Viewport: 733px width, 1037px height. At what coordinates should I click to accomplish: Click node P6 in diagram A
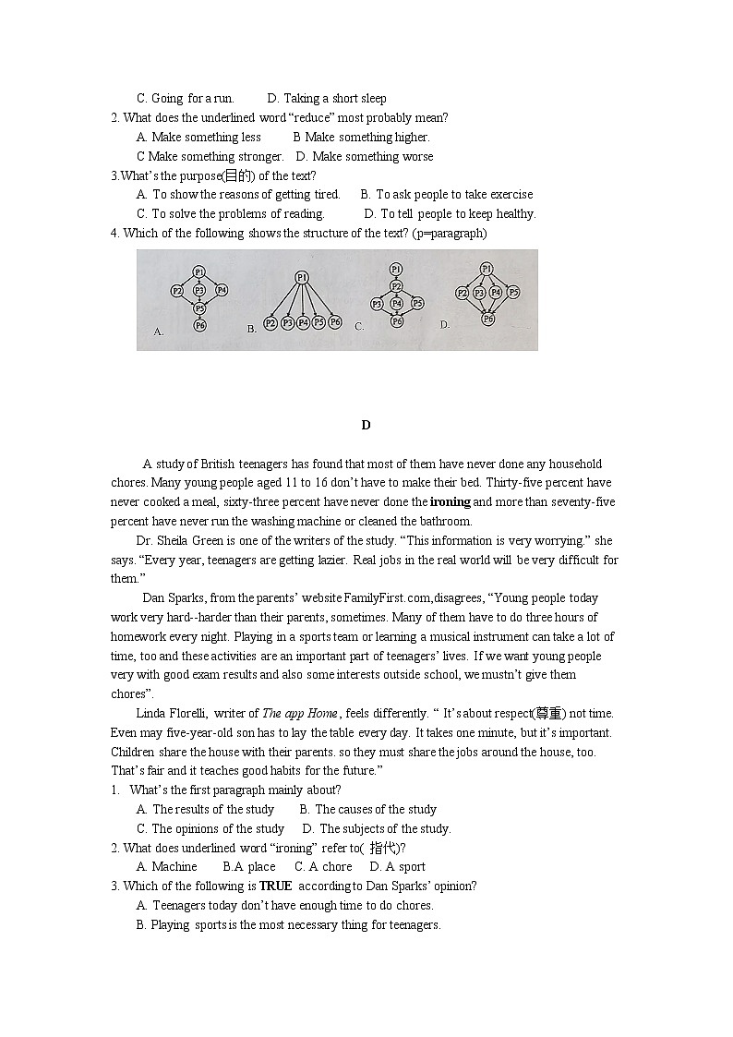[x=199, y=326]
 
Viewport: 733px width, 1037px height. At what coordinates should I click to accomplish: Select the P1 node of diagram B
[x=301, y=277]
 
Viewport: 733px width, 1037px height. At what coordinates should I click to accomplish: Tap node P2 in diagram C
[x=396, y=286]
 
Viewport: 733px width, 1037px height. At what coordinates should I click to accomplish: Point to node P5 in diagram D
[x=513, y=292]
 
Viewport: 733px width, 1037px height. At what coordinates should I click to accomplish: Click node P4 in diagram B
[x=303, y=323]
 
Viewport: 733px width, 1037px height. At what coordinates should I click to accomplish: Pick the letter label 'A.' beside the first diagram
[x=159, y=331]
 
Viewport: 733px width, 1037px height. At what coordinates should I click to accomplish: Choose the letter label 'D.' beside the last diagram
[x=445, y=324]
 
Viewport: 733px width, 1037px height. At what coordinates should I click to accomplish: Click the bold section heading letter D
[x=366, y=426]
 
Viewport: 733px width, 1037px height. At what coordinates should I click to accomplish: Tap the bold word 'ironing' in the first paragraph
[x=450, y=502]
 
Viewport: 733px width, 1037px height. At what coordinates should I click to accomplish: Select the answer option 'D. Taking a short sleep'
[x=327, y=99]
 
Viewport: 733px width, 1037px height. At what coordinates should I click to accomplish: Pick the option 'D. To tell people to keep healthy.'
[x=450, y=214]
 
